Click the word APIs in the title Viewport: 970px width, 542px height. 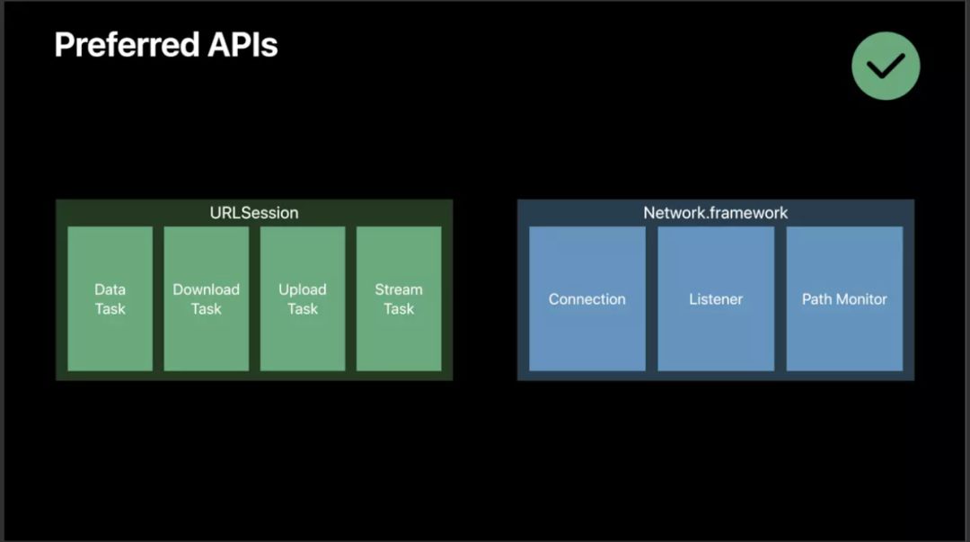tap(243, 44)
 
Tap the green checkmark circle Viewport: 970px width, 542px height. tap(886, 65)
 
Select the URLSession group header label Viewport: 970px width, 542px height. tap(254, 213)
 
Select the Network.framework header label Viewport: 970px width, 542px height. tap(716, 213)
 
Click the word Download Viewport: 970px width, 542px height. tap(206, 289)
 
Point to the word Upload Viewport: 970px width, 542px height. tap(303, 289)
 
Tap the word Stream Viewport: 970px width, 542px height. tap(399, 289)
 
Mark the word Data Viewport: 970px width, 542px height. tap(110, 289)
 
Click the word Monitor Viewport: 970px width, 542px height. tap(861, 299)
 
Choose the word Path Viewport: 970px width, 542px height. tap(816, 299)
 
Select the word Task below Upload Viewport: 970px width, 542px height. tap(303, 309)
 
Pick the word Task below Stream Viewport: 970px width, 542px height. tap(399, 309)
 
